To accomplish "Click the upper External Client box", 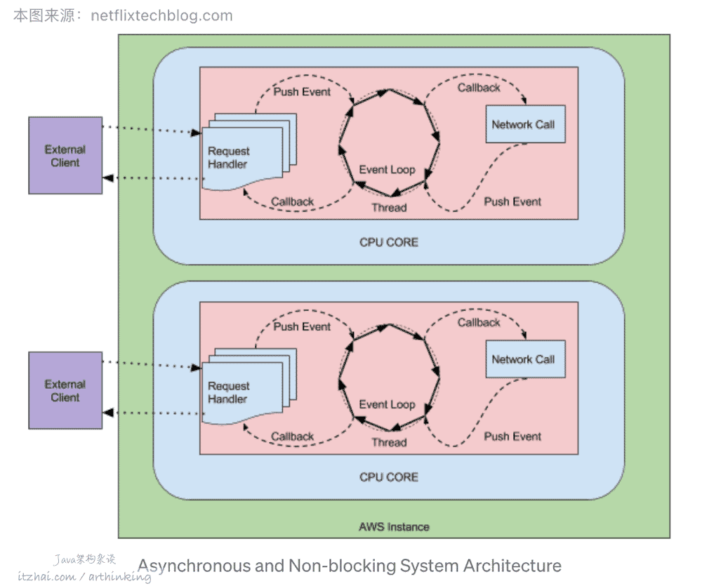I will [65, 156].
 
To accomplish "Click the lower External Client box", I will [65, 391].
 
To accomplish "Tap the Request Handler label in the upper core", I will [228, 158].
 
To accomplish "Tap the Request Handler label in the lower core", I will [228, 392].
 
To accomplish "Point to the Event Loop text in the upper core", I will [387, 170].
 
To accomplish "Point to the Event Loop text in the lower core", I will [387, 404].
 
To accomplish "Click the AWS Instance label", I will [394, 526].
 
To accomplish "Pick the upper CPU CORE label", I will [388, 242].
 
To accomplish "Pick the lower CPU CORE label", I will [388, 477].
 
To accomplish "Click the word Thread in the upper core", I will [389, 208].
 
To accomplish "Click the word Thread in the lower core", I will [389, 442].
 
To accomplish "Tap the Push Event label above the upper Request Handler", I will [302, 92].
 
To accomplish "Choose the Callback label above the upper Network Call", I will [479, 88].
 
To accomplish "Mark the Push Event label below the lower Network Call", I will [512, 437].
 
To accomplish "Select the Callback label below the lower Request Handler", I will [292, 437].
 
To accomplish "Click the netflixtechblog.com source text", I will [161, 15].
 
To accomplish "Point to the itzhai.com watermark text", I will [47, 576].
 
